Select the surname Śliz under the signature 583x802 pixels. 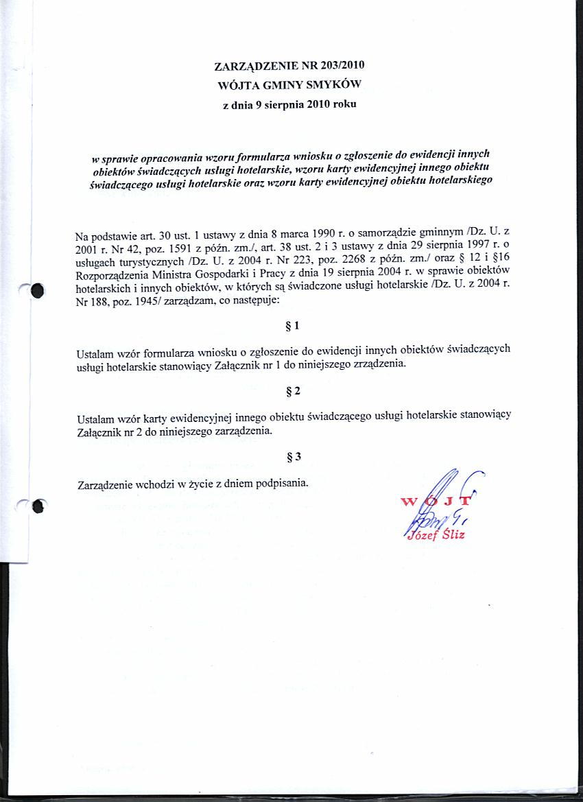point(452,534)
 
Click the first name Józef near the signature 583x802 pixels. point(421,535)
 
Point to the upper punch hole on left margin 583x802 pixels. point(36,291)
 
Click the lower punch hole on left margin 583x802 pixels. point(38,506)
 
